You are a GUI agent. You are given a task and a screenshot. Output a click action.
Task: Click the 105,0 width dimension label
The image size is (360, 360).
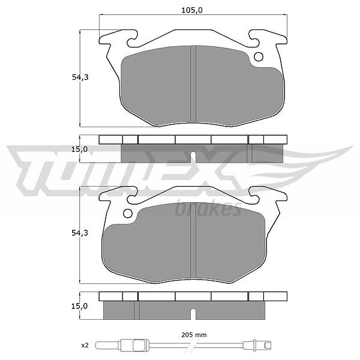[x=192, y=10]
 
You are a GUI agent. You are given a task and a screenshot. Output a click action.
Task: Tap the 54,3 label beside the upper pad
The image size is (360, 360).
[x=80, y=77]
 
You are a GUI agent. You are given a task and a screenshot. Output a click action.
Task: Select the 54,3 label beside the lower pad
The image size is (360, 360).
[x=80, y=233]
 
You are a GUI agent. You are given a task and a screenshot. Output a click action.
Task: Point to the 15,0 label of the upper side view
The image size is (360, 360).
[x=79, y=149]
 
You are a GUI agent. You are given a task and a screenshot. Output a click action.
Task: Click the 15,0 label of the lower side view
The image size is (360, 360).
[x=79, y=306]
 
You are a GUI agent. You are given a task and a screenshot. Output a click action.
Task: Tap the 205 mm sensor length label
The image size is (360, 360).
[x=194, y=335]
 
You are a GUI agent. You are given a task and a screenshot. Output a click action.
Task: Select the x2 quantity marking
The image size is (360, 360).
[x=85, y=345]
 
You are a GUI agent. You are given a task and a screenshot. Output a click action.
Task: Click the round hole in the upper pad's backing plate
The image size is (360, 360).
[x=259, y=57]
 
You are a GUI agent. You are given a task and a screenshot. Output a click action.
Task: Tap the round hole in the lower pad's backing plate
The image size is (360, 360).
[x=128, y=214]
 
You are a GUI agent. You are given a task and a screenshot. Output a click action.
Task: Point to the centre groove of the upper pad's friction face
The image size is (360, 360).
[x=193, y=83]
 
